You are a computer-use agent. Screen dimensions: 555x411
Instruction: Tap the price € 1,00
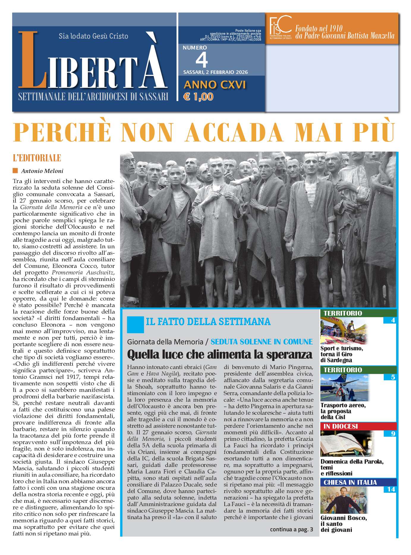(x=198, y=97)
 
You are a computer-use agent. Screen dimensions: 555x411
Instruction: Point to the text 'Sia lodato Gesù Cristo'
(x=93, y=36)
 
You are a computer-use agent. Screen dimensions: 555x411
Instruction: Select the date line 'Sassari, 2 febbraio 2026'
(x=215, y=72)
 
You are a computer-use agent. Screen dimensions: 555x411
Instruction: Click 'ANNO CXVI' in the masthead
(x=215, y=85)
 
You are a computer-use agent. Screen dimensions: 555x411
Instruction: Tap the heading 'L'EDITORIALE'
(x=37, y=158)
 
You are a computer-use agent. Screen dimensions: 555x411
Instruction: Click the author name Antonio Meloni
(x=42, y=171)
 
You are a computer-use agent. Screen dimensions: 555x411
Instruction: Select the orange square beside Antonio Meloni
(x=15, y=171)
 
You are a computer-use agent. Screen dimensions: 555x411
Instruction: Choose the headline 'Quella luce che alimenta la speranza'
(x=220, y=354)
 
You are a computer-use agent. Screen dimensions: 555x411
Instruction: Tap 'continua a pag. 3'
(x=291, y=529)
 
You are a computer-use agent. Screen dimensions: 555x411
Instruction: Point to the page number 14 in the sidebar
(x=391, y=489)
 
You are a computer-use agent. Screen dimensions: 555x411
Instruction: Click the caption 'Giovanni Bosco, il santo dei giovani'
(x=344, y=524)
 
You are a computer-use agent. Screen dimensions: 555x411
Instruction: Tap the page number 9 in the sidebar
(x=393, y=434)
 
